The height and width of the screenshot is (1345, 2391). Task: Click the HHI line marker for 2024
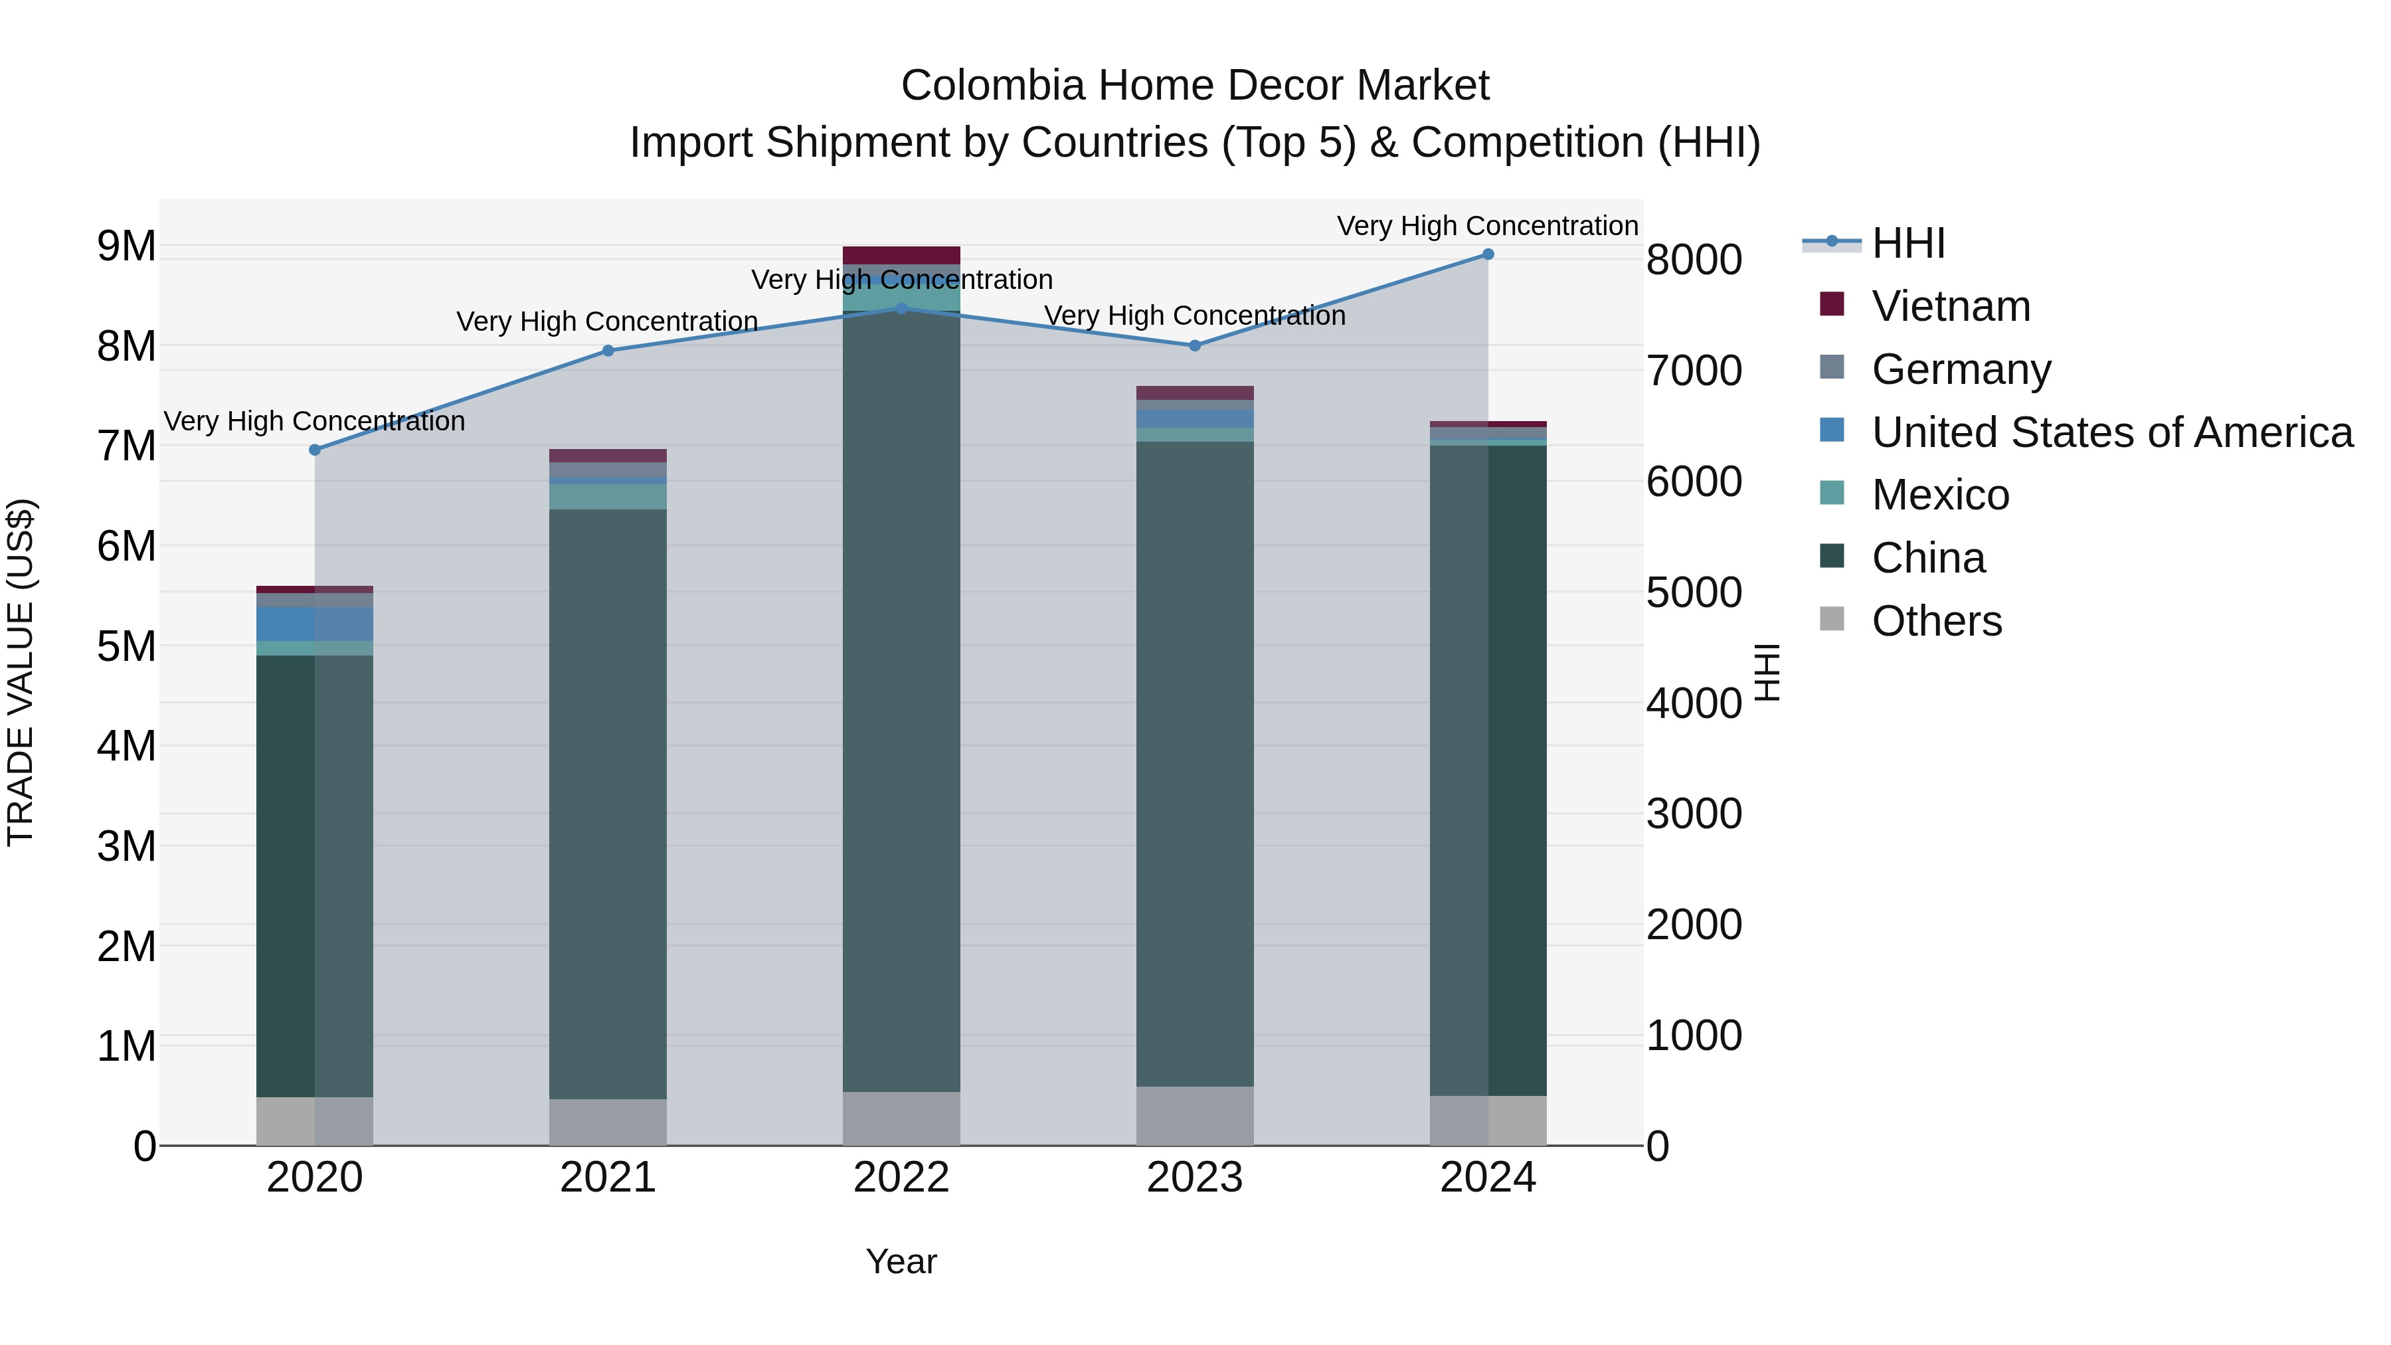pyautogui.click(x=1488, y=254)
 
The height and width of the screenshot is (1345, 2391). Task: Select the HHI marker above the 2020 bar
pyautogui.click(x=315, y=450)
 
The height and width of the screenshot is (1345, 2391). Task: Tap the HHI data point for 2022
pyautogui.click(x=901, y=308)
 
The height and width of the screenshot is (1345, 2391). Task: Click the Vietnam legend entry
pyautogui.click(x=1950, y=306)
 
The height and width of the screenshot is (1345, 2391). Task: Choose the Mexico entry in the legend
pyautogui.click(x=1940, y=495)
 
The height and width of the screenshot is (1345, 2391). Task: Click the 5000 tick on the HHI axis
pyautogui.click(x=1694, y=593)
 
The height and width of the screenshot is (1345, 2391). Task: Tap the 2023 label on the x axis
pyautogui.click(x=1195, y=1178)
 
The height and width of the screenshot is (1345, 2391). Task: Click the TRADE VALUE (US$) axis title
pyautogui.click(x=21, y=672)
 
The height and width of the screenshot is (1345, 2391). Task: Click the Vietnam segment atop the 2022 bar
pyautogui.click(x=901, y=255)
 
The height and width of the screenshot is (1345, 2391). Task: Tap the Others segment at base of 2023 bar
pyautogui.click(x=1195, y=1116)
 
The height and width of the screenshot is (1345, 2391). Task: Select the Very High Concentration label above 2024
pyautogui.click(x=1487, y=226)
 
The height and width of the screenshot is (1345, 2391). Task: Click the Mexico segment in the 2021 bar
pyautogui.click(x=608, y=497)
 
